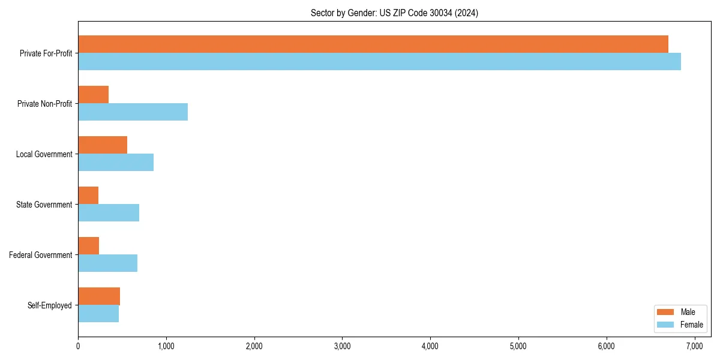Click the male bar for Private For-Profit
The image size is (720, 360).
click(x=373, y=44)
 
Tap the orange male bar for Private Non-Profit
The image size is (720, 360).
click(x=93, y=94)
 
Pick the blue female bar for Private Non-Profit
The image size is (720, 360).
click(x=133, y=112)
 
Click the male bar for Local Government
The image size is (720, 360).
click(x=103, y=145)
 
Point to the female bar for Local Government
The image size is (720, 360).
click(x=116, y=162)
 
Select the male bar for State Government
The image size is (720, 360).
click(x=88, y=195)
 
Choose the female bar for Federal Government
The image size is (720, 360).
click(x=107, y=263)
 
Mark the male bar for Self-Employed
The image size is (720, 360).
click(x=99, y=296)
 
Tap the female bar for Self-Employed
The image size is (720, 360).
click(x=98, y=313)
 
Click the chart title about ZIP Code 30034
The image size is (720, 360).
click(x=394, y=13)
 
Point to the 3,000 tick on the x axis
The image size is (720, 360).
click(x=342, y=346)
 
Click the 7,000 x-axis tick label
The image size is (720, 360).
click(x=694, y=346)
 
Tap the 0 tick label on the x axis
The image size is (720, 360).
click(x=78, y=346)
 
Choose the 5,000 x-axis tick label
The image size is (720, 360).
click(x=518, y=346)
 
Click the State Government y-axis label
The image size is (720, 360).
click(x=44, y=205)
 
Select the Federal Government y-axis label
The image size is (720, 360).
click(x=41, y=255)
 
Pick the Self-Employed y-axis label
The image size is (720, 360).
click(x=50, y=305)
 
